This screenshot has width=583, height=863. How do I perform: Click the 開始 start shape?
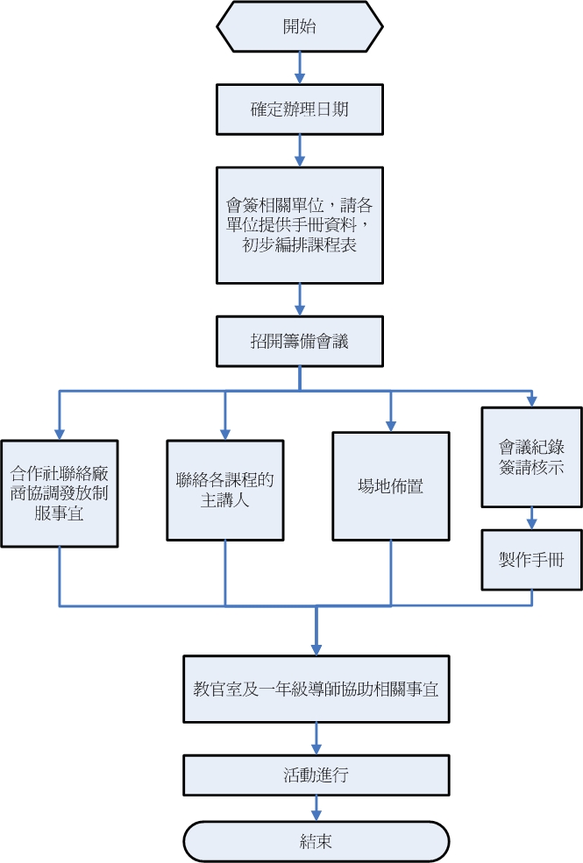tap(300, 26)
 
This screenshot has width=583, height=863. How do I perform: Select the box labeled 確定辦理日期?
tap(300, 110)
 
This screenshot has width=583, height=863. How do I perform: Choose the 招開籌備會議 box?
tap(300, 342)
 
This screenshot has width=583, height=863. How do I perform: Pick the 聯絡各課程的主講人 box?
tap(225, 490)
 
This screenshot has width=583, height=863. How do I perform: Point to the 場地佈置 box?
tap(391, 485)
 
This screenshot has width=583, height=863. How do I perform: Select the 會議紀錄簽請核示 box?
tap(531, 456)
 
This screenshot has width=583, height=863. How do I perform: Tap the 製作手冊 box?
tap(531, 559)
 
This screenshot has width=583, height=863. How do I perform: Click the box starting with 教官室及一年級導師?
tap(316, 689)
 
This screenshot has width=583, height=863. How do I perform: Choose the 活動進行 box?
tap(316, 775)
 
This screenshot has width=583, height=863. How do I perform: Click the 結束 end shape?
tap(316, 842)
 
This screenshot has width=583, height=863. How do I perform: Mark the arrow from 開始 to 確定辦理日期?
tap(300, 67)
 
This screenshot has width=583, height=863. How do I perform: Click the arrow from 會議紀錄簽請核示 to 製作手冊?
tap(531, 518)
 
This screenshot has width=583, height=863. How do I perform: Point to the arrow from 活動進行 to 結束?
tap(316, 808)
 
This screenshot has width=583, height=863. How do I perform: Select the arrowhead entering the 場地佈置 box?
tap(391, 425)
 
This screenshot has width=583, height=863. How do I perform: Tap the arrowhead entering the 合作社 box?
tap(60, 432)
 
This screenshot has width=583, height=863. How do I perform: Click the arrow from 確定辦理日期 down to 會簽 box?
tap(300, 150)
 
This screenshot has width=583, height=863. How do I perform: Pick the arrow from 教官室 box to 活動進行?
tap(316, 737)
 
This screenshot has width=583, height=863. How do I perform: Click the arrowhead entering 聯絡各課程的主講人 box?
tap(225, 433)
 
